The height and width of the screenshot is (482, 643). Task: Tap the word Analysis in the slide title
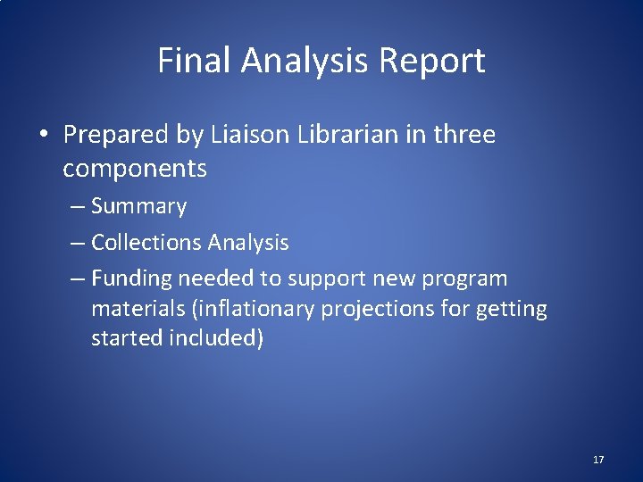(305, 62)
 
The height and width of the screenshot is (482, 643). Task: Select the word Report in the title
(432, 61)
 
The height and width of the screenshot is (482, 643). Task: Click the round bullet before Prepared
(43, 135)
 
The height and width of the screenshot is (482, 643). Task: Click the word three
(463, 135)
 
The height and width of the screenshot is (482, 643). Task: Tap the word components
(135, 168)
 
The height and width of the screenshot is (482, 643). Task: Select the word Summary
(138, 207)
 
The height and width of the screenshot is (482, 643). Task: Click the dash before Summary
(78, 207)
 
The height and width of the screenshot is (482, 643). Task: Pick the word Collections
(146, 242)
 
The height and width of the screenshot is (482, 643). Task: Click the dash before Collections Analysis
(78, 242)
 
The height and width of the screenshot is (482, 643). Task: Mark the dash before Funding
(78, 278)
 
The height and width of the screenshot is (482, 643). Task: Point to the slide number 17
(597, 460)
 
